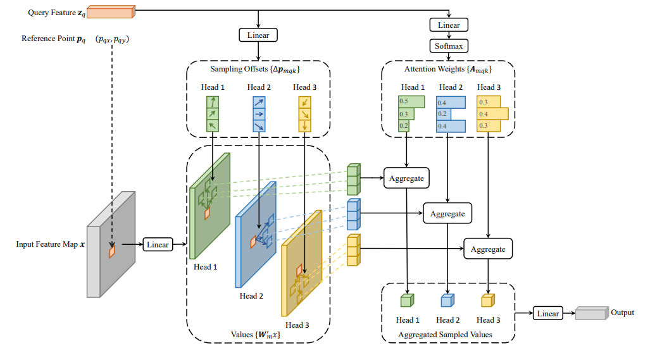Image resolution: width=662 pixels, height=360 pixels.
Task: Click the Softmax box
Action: (449, 46)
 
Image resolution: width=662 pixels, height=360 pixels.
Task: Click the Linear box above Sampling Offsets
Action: (258, 35)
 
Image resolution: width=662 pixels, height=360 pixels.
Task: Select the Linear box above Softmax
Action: (449, 25)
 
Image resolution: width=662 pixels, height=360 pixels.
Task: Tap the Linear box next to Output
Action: (547, 314)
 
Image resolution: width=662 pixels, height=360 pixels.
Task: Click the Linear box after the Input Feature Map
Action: (158, 244)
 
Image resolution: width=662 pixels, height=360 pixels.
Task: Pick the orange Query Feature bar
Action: (110, 11)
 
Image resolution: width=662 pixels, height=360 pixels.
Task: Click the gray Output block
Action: (590, 314)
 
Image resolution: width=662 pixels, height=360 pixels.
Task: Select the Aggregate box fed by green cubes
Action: (406, 178)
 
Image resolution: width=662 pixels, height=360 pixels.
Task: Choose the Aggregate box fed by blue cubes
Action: (447, 214)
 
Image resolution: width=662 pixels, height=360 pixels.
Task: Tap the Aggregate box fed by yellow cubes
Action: (488, 249)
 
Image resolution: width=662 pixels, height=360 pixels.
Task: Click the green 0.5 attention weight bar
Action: (411, 101)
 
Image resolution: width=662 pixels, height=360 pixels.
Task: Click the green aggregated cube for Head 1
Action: (406, 301)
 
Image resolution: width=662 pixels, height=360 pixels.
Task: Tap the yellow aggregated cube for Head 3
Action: (487, 301)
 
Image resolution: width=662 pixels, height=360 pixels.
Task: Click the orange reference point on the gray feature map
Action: (112, 252)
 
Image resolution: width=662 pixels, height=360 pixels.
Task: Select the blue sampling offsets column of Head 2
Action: (258, 114)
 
